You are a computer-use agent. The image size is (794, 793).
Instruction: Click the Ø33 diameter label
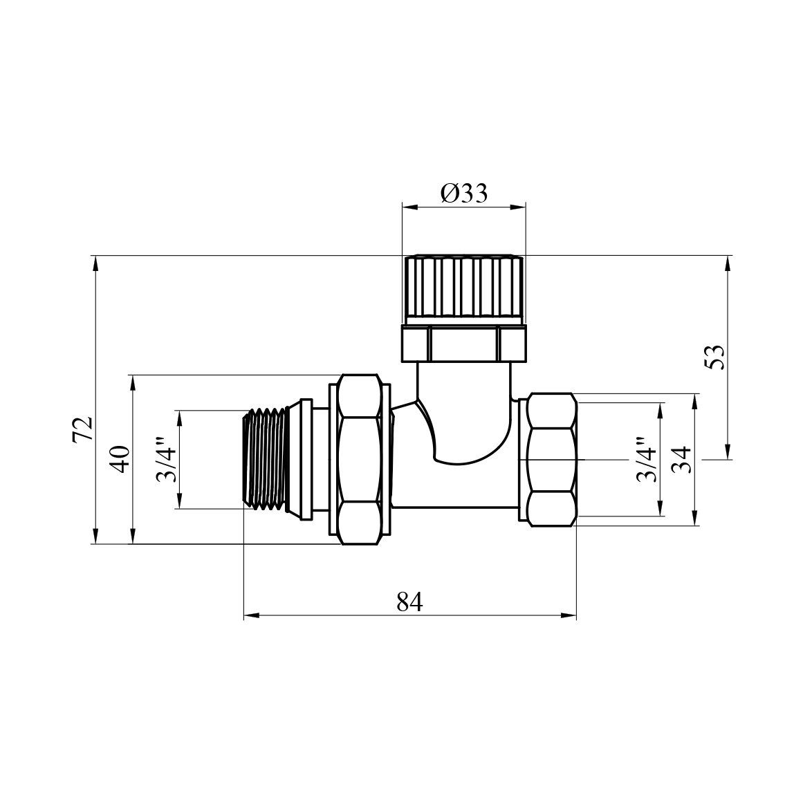click(464, 194)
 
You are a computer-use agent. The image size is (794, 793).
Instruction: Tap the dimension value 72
click(83, 429)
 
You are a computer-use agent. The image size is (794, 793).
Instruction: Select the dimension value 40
click(121, 459)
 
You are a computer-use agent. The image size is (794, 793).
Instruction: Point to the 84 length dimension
click(409, 602)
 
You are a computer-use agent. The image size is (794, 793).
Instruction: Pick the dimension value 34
click(681, 460)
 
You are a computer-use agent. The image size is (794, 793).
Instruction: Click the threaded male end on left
click(265, 460)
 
